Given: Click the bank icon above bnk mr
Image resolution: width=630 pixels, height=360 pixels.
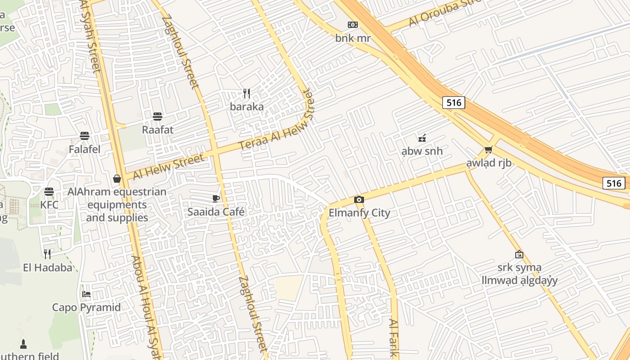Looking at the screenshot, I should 353,25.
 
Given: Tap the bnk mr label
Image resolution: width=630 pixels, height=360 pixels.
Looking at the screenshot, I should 353,38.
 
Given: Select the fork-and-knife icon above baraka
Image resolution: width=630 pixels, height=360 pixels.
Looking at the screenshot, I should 247,94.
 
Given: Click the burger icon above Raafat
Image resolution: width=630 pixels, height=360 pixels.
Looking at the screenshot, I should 157,117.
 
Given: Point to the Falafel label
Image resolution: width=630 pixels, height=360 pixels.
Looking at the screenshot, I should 85,149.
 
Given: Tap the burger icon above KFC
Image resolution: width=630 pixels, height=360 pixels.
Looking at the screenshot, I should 49,192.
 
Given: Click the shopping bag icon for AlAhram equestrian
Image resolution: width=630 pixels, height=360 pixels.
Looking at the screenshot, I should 117,179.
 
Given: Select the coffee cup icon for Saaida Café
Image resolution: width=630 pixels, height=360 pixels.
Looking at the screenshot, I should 216,198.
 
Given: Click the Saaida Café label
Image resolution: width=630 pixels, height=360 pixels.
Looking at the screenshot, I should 216,211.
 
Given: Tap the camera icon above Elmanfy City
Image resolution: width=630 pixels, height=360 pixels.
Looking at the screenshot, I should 359,200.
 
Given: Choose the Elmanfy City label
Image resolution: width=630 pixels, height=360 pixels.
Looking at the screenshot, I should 359,213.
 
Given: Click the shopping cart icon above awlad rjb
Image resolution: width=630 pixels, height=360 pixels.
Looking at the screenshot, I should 489,149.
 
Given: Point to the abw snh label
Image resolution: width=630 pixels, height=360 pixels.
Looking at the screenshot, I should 422,151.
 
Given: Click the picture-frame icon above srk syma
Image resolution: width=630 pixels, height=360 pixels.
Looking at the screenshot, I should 519,254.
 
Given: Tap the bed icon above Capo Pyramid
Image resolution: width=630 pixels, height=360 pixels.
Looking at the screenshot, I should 86,294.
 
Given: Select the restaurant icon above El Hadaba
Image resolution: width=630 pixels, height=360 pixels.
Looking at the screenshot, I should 47,254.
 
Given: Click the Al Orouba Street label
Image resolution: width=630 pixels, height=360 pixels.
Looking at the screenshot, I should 445,13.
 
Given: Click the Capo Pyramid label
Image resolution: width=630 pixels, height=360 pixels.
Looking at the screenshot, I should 86,308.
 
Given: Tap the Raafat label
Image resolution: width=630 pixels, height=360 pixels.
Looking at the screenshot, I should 157,130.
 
